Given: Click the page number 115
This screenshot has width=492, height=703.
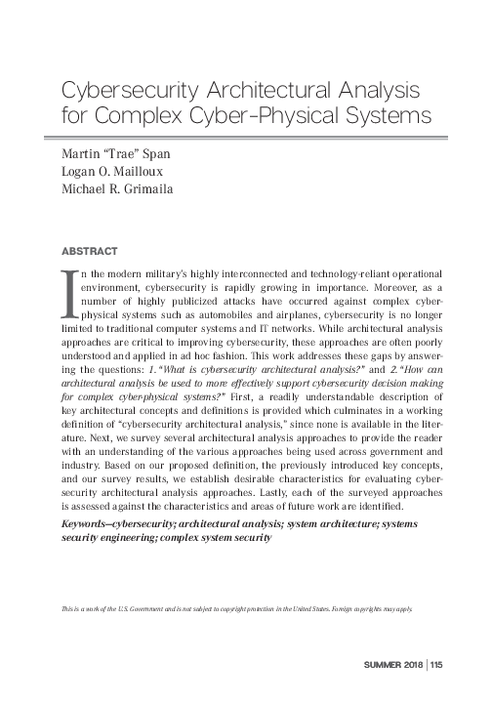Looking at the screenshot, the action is [434, 667].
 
